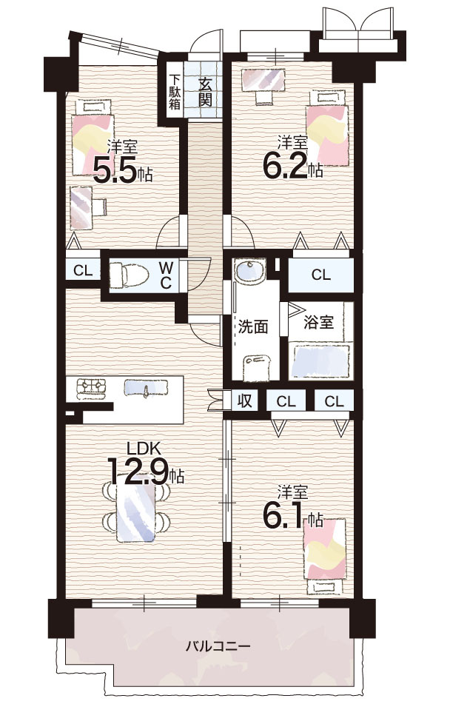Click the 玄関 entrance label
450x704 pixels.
pyautogui.click(x=205, y=92)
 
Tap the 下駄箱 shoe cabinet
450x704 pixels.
pyautogui.click(x=175, y=92)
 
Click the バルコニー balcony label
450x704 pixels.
pyautogui.click(x=218, y=647)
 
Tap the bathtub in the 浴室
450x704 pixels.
pyautogui.click(x=320, y=361)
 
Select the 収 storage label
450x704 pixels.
pyautogui.click(x=245, y=401)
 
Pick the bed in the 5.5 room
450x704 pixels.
pyautogui.click(x=93, y=136)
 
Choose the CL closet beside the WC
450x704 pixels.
pyautogui.click(x=83, y=270)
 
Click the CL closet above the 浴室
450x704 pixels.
pyautogui.click(x=320, y=275)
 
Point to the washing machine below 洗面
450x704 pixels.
pyautogui.click(x=257, y=367)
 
